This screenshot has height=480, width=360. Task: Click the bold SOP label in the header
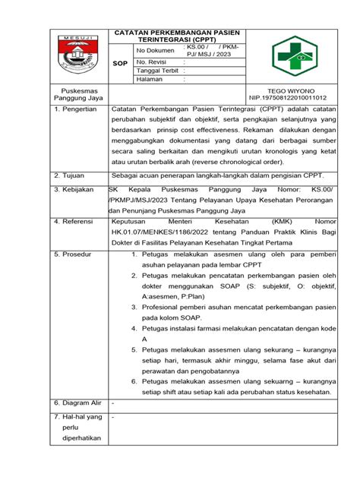click(x=120, y=65)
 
